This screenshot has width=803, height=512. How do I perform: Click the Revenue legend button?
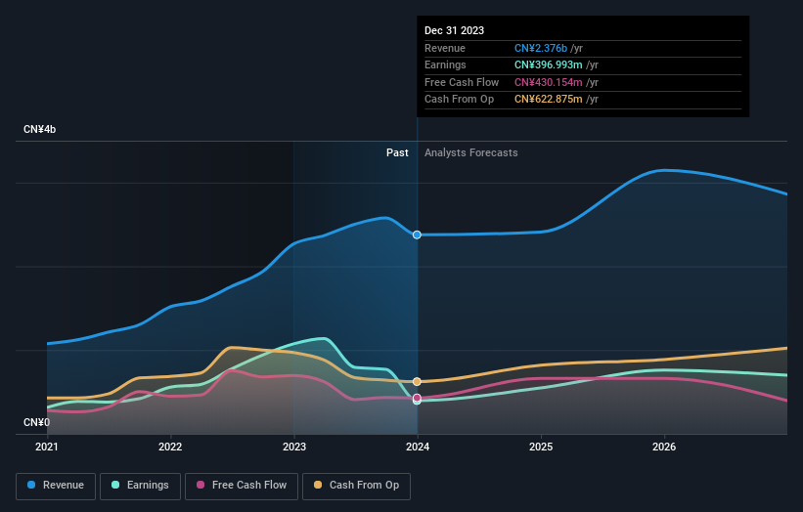click(x=56, y=485)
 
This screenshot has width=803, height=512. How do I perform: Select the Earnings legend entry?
click(x=140, y=485)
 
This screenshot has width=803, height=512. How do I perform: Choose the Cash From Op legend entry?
click(x=358, y=485)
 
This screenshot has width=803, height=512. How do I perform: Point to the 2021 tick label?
click(x=47, y=448)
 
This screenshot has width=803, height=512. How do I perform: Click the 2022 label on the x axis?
click(x=170, y=448)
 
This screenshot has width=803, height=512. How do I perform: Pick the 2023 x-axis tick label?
click(x=293, y=448)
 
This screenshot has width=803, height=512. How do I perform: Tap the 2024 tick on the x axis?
click(x=418, y=448)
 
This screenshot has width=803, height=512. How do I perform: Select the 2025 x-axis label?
click(x=541, y=448)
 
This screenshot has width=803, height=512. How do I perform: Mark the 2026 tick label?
click(x=664, y=448)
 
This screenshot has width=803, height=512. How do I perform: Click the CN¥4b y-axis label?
click(x=40, y=129)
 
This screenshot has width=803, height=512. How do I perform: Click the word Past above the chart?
click(x=397, y=152)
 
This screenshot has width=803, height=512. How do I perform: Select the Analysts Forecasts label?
click(x=470, y=152)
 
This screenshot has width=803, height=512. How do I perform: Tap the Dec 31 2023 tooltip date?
click(x=454, y=30)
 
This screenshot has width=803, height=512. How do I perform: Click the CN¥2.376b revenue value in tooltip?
click(x=549, y=48)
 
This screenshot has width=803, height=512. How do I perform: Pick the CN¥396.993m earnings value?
click(x=556, y=64)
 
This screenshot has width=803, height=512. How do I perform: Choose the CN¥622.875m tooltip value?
click(x=556, y=99)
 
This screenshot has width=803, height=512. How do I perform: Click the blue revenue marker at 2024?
click(x=418, y=235)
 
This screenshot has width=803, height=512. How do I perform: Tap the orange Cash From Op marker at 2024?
click(x=418, y=381)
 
